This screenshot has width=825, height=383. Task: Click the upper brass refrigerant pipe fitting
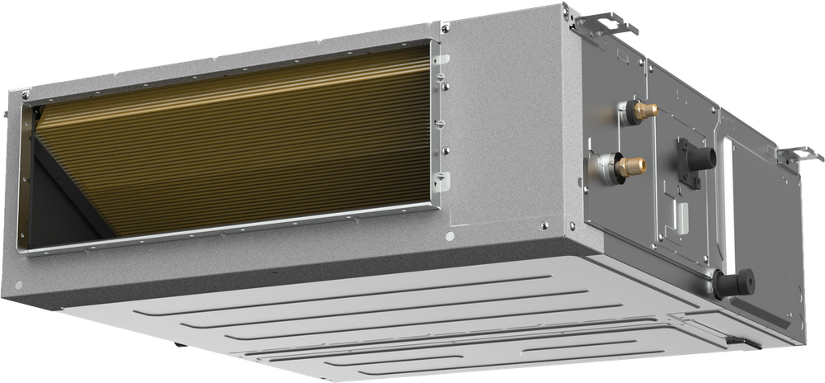pos(644,110)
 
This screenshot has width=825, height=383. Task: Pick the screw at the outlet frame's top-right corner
pos(445,29)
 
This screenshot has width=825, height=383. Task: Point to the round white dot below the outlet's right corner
pos(450,236)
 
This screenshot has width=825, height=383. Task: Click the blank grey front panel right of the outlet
pos(507,132)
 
